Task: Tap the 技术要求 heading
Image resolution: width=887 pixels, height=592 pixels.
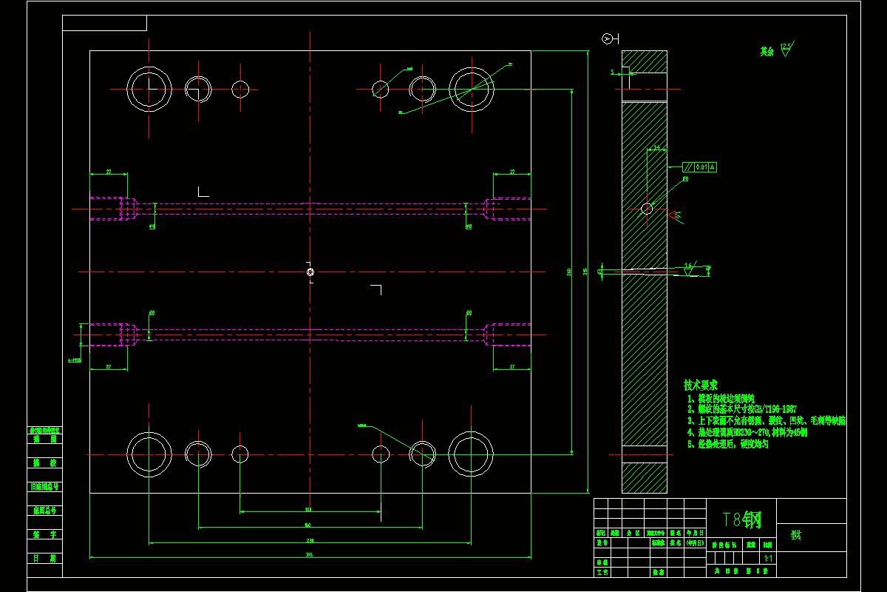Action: tap(700, 386)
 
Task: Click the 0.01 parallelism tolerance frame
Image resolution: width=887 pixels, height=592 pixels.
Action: tap(700, 167)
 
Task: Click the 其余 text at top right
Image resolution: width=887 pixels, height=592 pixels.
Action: tap(767, 52)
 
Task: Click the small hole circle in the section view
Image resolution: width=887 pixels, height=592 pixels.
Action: tap(647, 209)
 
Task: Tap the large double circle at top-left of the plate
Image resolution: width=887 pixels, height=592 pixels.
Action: tap(149, 89)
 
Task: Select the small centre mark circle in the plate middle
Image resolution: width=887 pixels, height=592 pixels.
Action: tap(310, 272)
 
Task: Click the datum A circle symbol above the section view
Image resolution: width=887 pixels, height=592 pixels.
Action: tap(608, 38)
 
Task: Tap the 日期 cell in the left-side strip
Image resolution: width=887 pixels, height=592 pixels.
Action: tap(44, 559)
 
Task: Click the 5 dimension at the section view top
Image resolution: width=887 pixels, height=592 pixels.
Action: tap(613, 72)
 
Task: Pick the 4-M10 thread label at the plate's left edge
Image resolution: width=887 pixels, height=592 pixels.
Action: tap(75, 360)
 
